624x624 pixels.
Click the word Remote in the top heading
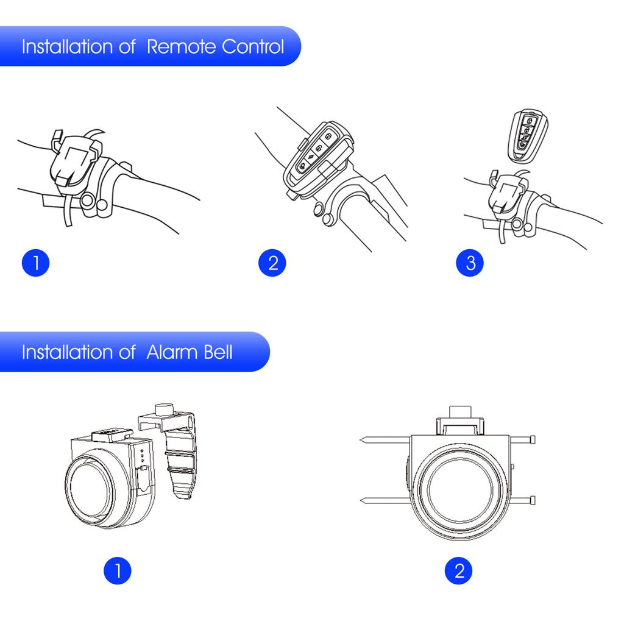point(181,47)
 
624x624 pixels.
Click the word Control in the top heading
point(253,47)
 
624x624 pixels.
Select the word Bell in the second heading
point(218,352)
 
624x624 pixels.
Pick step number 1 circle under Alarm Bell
point(118,571)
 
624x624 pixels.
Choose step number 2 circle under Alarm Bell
point(459,571)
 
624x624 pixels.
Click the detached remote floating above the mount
point(526,136)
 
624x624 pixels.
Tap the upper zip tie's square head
point(533,440)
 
